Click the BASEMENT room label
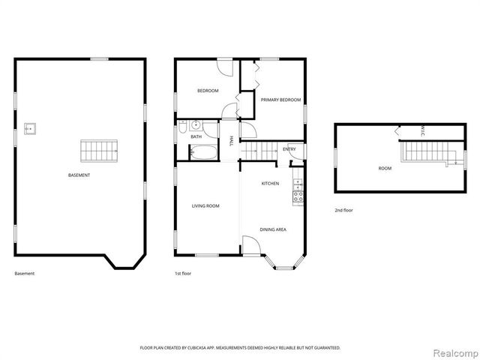79,175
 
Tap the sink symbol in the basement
30,129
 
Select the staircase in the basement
99,151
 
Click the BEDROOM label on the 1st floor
208,91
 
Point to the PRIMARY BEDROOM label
280,100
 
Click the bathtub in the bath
203,151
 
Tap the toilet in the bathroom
182,127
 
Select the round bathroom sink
195,125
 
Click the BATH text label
196,136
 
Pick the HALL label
231,140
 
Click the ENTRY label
289,149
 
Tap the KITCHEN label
270,183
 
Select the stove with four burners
298,196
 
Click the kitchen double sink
298,184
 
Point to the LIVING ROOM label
205,206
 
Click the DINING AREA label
273,229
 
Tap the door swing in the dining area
251,245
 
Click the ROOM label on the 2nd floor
385,168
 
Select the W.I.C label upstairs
422,130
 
